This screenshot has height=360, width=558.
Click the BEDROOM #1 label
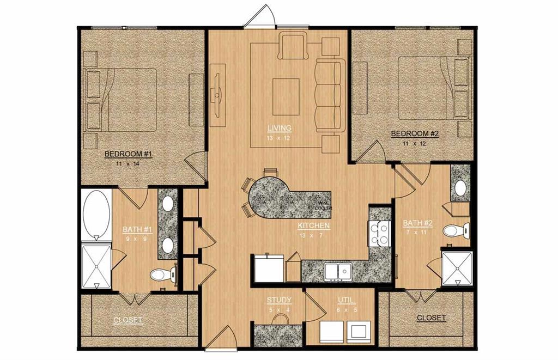pos(128,154)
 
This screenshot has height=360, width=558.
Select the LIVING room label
pos(279,128)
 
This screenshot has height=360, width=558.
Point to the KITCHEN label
pos(313,225)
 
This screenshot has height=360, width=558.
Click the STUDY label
pos(279,300)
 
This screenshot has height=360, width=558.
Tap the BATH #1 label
pos(137,229)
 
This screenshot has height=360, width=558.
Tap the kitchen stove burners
pos(379,233)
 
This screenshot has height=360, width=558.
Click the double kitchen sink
pos(338,271)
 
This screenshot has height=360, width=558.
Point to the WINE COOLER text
pos(324,206)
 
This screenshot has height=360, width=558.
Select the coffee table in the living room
pos(286,96)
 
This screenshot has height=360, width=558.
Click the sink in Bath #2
pos(460,188)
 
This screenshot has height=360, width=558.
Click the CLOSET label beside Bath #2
pos(431,318)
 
